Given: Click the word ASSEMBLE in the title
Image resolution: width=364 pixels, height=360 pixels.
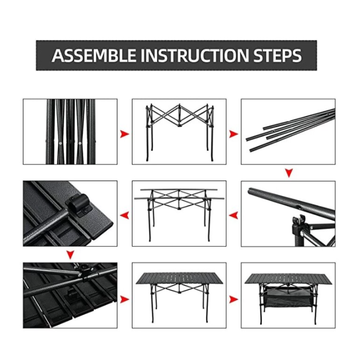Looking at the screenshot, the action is click(94, 55).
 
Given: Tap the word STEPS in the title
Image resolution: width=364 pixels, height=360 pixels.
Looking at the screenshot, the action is click(277, 55).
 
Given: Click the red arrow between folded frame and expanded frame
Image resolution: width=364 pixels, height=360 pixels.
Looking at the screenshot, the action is click(124, 134).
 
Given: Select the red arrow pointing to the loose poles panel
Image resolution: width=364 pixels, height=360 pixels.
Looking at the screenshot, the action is click(234, 134).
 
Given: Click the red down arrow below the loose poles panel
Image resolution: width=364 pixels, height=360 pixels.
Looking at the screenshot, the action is click(289, 173).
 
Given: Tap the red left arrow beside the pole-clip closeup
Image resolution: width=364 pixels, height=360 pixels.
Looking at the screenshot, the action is click(234, 216).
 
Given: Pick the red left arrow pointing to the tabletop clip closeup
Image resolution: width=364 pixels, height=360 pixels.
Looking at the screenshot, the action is click(124, 216).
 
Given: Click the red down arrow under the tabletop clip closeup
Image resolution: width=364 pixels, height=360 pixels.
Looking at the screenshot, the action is click(70, 255).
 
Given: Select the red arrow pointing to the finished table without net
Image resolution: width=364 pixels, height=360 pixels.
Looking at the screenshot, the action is click(124, 300).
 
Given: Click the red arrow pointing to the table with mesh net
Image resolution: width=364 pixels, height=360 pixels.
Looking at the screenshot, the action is click(234, 300).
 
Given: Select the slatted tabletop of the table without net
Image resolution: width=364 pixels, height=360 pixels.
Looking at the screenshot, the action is click(179, 278).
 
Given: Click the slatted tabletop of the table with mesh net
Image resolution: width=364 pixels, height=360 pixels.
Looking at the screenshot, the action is click(288, 278).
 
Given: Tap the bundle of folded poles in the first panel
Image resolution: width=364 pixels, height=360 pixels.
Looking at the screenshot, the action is click(70, 132).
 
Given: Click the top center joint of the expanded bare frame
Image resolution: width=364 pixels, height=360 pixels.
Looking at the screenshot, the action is click(179, 107).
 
